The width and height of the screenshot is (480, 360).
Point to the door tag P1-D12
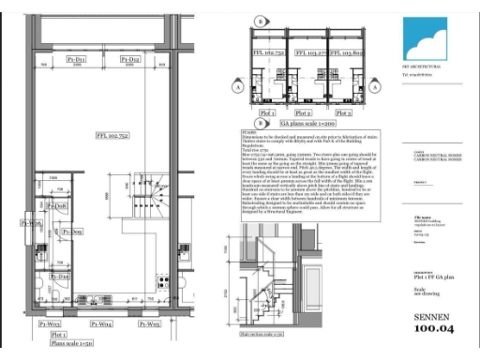130,60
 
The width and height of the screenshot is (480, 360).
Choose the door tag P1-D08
57,205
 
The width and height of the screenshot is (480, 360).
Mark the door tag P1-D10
58,277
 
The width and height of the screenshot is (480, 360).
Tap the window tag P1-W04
102,323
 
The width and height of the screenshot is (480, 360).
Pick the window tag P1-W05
148,323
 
